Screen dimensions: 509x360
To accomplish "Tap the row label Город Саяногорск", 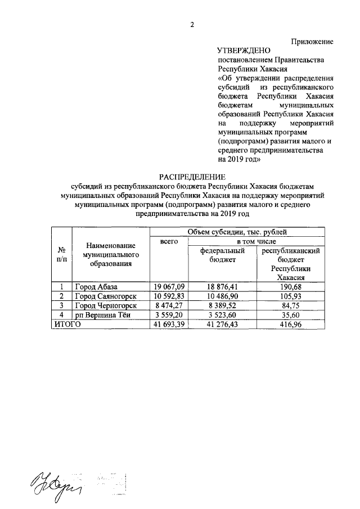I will click(106, 296).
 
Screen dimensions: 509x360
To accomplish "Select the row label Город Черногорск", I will click(106, 305).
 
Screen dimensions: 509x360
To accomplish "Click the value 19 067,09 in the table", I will click(169, 287).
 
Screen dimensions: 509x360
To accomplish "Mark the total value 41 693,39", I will click(169, 324).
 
